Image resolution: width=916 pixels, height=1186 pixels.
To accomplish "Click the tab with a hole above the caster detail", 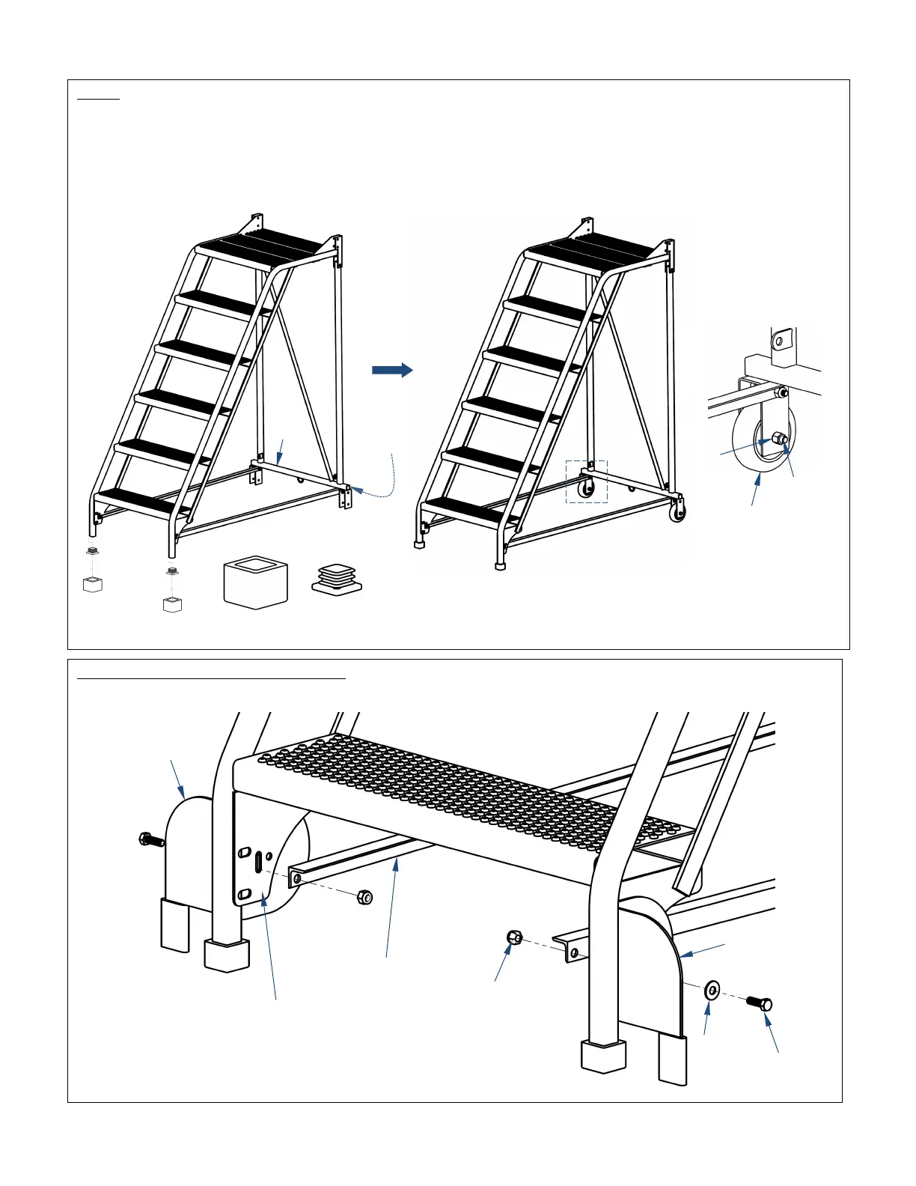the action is point(781,341).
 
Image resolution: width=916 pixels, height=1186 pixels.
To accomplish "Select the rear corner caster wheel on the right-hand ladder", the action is point(677,514).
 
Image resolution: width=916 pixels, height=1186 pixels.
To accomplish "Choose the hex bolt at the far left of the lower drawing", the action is point(151,840).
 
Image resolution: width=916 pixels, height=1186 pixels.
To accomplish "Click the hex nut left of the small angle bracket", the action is point(513,937).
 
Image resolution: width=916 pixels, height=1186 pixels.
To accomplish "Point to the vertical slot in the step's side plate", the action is point(258,862).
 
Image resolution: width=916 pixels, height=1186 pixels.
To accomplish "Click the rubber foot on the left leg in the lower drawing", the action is point(227,955).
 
